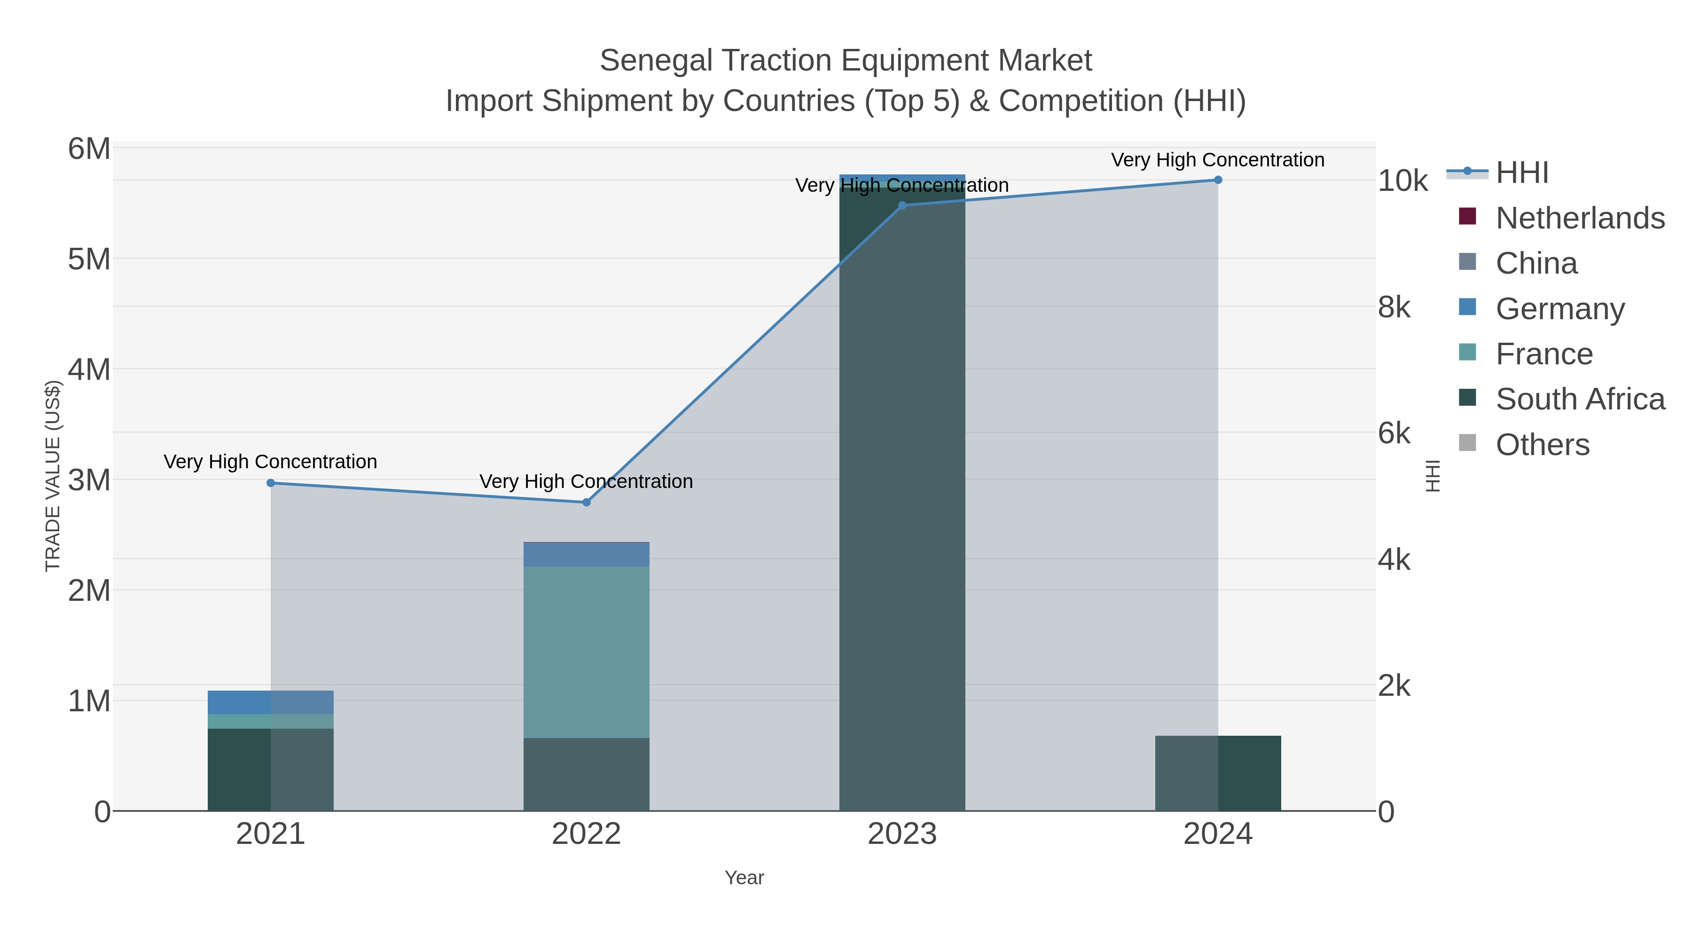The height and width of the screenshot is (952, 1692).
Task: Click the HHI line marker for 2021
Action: [271, 483]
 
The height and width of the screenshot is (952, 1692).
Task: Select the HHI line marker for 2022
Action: [587, 503]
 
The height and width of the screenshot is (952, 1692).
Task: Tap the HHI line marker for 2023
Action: [902, 205]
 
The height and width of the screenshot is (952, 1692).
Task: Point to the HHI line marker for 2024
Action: [1218, 180]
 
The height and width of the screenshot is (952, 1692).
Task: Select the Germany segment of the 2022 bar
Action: [586, 555]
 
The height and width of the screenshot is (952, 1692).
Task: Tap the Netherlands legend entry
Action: [1579, 218]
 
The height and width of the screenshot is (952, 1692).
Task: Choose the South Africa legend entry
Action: [1579, 400]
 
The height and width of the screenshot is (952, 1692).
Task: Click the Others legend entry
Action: [1542, 445]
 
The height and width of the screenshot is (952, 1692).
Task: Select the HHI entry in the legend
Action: [1521, 173]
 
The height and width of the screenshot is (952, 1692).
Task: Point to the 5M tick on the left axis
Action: [89, 260]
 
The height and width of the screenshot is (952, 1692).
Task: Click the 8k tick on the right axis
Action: [1394, 307]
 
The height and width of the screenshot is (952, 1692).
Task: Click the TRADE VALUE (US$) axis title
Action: [53, 476]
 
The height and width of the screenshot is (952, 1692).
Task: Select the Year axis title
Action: [744, 878]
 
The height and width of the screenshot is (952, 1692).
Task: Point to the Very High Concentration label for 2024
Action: [1217, 160]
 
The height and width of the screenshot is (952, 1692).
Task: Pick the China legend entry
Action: [1535, 263]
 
